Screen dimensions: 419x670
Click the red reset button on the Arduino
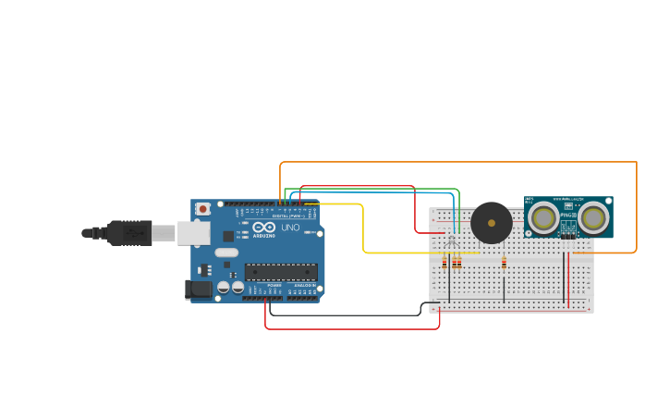[202, 210]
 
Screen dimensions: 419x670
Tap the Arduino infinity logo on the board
[263, 228]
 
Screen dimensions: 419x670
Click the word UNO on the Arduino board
[290, 228]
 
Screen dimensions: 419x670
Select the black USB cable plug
[129, 232]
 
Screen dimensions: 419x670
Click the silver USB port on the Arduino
[193, 233]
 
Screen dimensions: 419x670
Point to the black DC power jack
[197, 290]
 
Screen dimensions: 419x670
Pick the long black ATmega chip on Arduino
[281, 272]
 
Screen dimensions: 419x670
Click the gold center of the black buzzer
[492, 223]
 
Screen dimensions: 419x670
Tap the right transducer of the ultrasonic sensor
[593, 217]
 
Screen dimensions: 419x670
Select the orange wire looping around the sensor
[637, 203]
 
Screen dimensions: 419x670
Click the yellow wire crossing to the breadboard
[363, 231]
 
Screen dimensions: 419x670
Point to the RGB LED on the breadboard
[451, 242]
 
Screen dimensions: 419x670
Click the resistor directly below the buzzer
[504, 263]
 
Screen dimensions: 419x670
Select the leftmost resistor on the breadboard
[445, 264]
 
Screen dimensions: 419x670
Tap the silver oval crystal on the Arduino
[226, 252]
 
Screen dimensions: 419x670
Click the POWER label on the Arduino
[274, 285]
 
